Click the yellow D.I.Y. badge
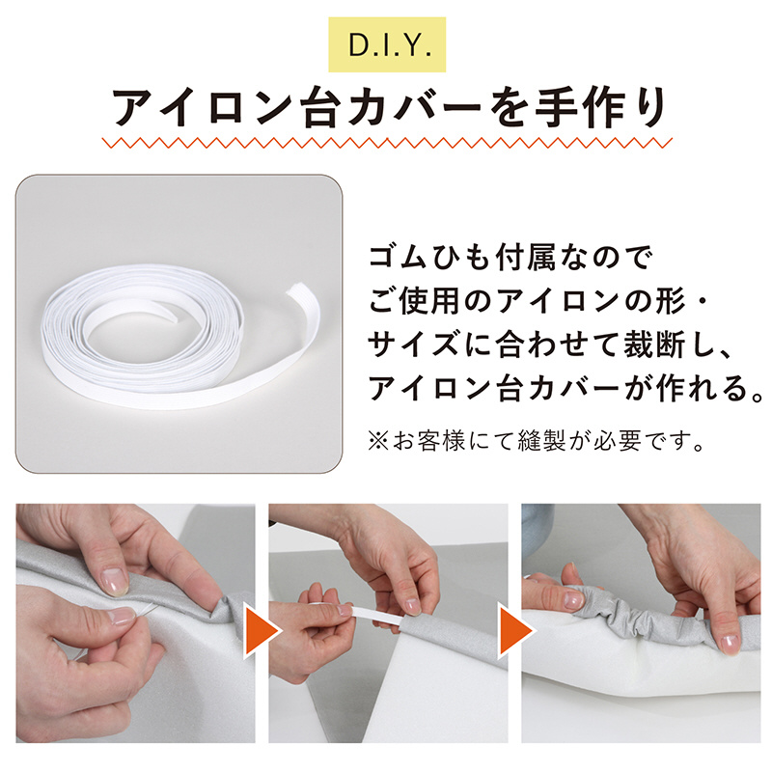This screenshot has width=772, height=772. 387,44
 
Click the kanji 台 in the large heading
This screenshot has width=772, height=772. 322,108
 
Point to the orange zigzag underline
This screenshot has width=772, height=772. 387,143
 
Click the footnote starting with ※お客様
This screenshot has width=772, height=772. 537,440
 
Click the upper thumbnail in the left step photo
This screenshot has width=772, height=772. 113,581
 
